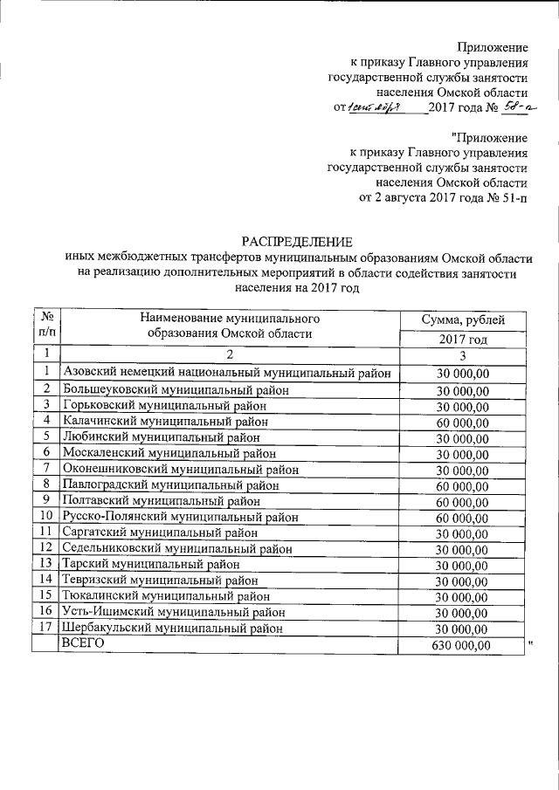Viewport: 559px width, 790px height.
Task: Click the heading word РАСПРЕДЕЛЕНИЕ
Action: coord(296,241)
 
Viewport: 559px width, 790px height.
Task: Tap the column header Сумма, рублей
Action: coord(462,320)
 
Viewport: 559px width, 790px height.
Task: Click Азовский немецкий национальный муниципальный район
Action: coord(226,373)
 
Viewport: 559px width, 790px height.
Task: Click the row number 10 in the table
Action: coord(45,515)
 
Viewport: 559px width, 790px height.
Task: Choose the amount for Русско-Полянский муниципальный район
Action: coord(462,518)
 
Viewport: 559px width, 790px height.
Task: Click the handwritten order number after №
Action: coord(505,107)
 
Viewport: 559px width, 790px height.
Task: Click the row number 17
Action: coord(45,627)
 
